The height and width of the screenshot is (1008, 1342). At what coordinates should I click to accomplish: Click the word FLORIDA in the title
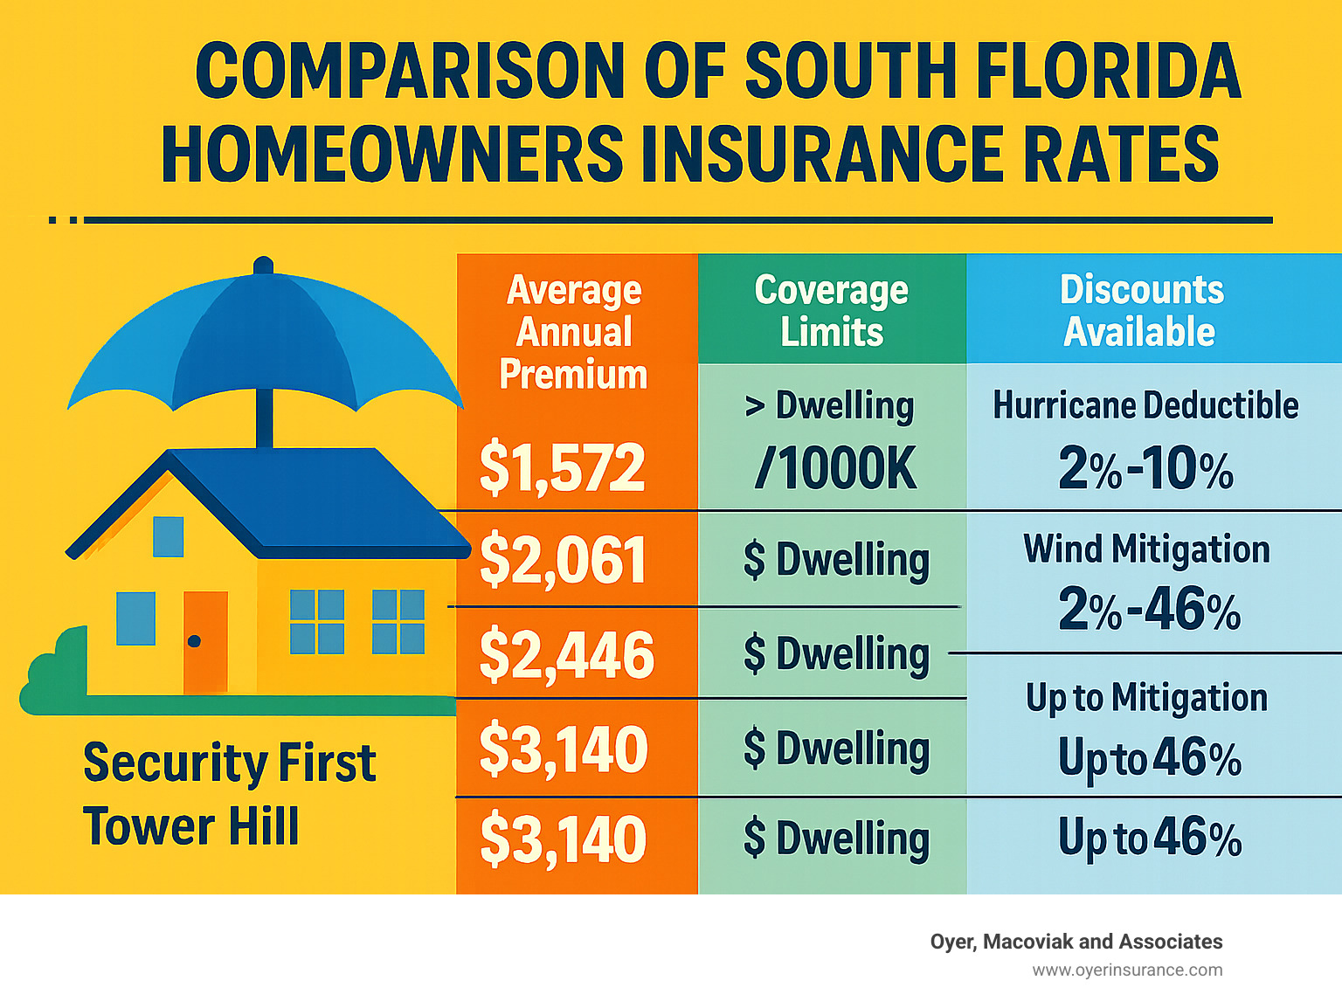pyautogui.click(x=1106, y=72)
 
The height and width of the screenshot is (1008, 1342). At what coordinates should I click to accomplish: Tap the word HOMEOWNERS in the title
pyautogui.click(x=392, y=155)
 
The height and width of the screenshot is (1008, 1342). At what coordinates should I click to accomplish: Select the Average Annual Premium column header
pyautogui.click(x=574, y=332)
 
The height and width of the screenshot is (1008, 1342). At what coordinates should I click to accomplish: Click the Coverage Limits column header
pyautogui.click(x=831, y=310)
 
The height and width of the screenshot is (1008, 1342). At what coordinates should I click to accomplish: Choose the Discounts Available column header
pyautogui.click(x=1141, y=310)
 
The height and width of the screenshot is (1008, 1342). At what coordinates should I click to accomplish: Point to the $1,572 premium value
pyautogui.click(x=562, y=467)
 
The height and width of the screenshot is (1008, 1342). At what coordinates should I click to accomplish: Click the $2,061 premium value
pyautogui.click(x=562, y=560)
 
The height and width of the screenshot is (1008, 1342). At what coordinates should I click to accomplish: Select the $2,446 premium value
pyautogui.click(x=566, y=654)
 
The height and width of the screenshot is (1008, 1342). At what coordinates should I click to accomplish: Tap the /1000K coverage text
pyautogui.click(x=835, y=469)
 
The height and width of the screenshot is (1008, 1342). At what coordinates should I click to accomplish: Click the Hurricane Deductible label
pyautogui.click(x=1145, y=405)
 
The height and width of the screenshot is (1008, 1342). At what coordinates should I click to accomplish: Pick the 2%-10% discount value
pyautogui.click(x=1145, y=469)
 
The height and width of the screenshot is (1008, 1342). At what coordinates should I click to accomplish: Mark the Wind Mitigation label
pyautogui.click(x=1146, y=549)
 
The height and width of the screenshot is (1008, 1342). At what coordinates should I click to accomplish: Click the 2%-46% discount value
pyautogui.click(x=1149, y=609)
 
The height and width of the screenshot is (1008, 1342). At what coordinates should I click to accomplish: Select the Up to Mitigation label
pyautogui.click(x=1146, y=698)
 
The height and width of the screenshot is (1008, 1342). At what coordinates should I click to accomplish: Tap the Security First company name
pyautogui.click(x=229, y=763)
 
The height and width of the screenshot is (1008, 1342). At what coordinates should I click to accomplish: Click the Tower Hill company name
pyautogui.click(x=190, y=826)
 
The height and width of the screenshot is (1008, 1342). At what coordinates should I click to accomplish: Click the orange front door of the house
pyautogui.click(x=205, y=642)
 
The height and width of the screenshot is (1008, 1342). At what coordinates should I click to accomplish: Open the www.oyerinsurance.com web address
pyautogui.click(x=1127, y=970)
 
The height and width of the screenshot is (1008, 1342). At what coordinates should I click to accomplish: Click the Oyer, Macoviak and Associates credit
pyautogui.click(x=1076, y=942)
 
